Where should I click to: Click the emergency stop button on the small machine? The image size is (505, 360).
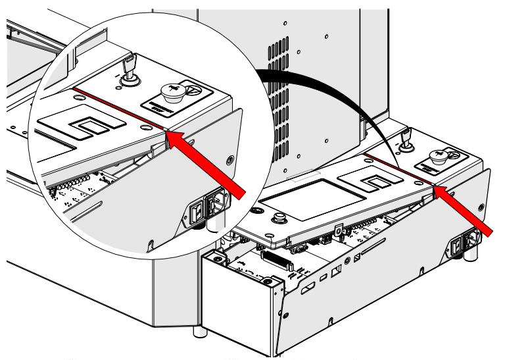click(438, 155)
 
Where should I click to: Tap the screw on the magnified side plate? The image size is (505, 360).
click(229, 159)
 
